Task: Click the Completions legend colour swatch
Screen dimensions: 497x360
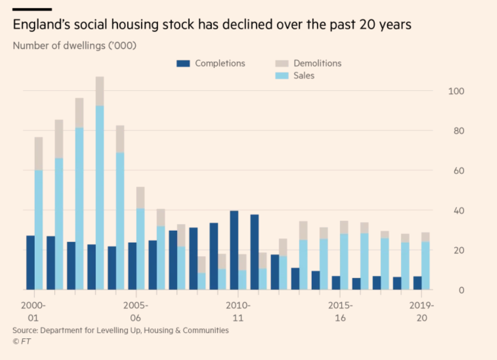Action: click(183, 64)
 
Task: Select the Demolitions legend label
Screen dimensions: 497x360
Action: click(317, 64)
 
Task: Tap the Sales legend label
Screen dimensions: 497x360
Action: click(304, 75)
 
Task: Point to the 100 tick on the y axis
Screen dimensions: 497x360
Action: click(456, 91)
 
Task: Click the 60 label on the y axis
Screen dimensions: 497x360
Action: click(458, 171)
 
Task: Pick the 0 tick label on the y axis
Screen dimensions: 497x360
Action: click(462, 290)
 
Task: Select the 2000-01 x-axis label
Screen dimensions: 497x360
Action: click(33, 312)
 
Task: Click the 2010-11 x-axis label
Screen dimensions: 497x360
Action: click(238, 312)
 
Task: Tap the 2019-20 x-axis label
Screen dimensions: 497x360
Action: click(421, 312)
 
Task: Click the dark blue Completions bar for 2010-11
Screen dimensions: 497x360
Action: click(234, 250)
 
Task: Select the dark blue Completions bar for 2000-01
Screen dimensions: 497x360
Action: click(30, 263)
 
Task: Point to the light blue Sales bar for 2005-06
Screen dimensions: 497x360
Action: click(141, 249)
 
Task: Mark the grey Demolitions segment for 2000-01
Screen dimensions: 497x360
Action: click(39, 154)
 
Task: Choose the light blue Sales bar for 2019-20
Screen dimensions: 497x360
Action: click(425, 266)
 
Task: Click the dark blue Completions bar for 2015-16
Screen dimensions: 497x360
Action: click(336, 283)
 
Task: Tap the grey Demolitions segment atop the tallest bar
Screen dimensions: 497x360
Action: click(99, 91)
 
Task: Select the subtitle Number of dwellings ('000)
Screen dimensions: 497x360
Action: click(74, 46)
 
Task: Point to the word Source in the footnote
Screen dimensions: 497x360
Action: click(25, 331)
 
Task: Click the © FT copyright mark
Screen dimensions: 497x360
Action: click(22, 342)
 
